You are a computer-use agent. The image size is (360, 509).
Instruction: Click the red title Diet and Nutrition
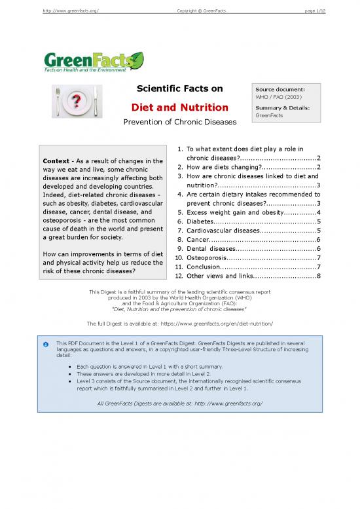[x=180, y=107]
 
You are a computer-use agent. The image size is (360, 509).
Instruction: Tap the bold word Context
[x=56, y=161]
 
